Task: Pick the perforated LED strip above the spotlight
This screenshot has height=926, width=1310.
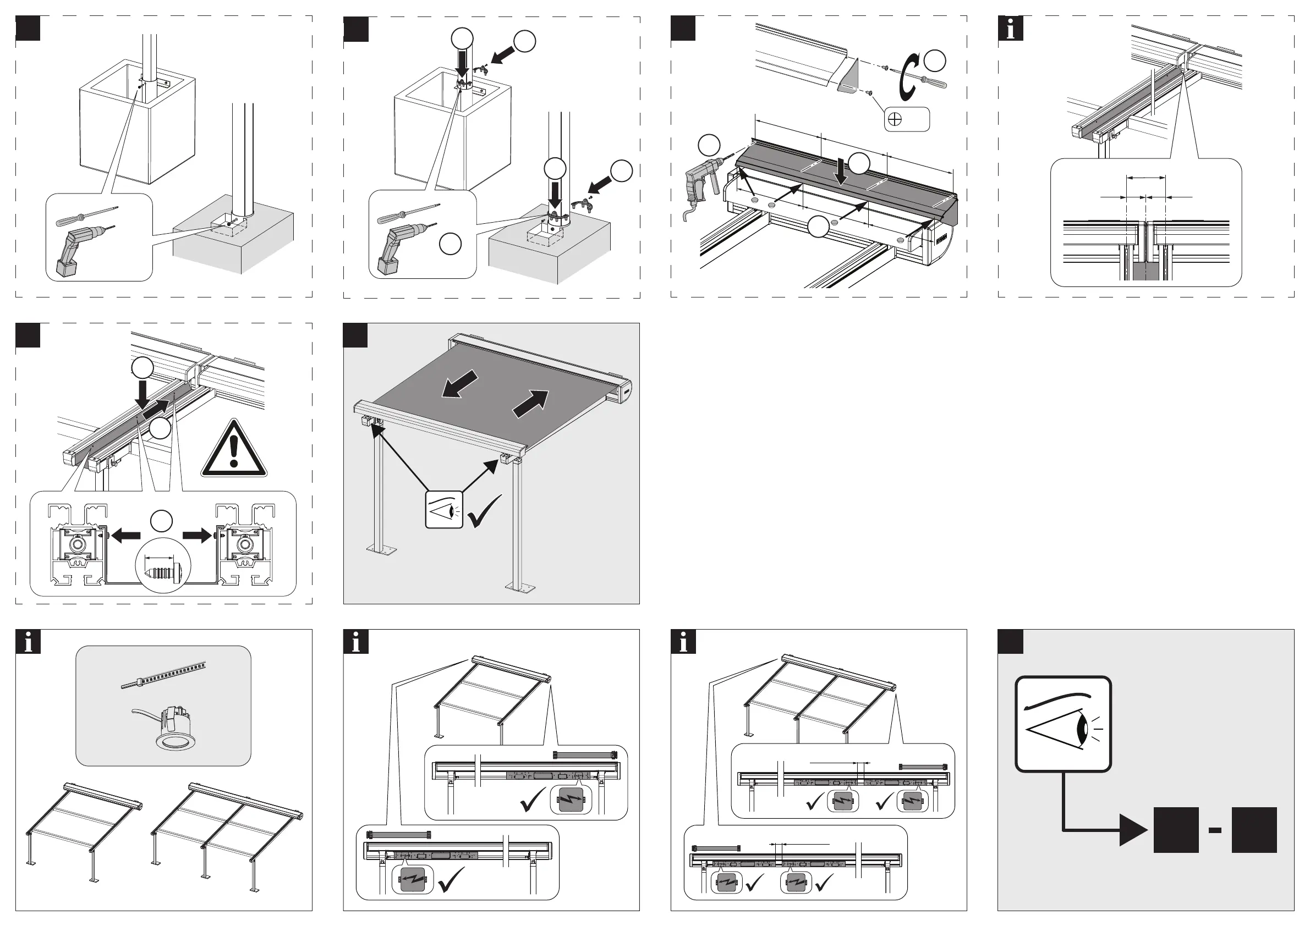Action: coord(163,676)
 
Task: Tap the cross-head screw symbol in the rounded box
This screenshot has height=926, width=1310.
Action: coord(895,120)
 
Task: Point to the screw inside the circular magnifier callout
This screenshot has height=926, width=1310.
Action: coord(163,569)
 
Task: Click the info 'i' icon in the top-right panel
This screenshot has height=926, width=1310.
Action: coord(1011,29)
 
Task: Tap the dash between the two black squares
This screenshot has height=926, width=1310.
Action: coord(1215,831)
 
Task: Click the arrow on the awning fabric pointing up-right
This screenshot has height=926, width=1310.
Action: coord(530,403)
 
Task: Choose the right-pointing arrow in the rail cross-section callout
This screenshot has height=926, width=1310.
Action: coord(198,536)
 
